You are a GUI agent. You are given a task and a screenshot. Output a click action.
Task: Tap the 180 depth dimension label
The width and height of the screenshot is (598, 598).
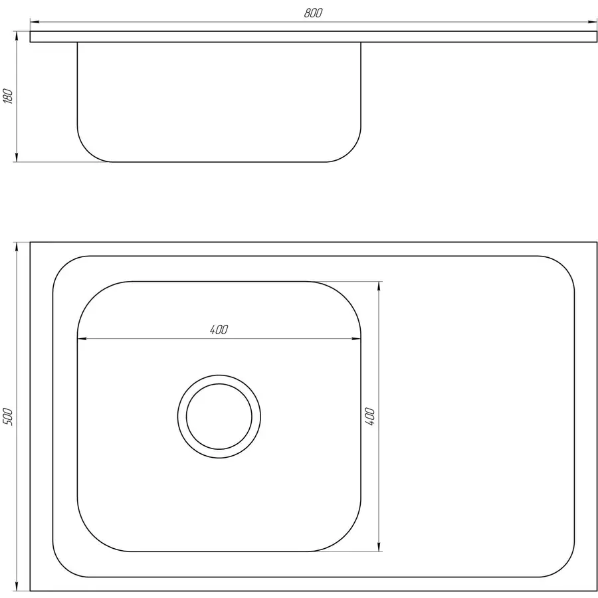tap(8, 96)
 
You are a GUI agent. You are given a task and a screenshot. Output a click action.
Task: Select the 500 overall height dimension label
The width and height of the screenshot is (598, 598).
tap(8, 417)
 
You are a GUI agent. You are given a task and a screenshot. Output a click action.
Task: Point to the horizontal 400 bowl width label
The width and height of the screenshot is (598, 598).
tap(219, 329)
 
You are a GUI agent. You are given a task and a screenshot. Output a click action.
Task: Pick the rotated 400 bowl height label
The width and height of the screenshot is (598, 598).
tap(370, 417)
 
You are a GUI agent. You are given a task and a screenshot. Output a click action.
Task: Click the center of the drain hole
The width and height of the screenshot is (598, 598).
tap(219, 417)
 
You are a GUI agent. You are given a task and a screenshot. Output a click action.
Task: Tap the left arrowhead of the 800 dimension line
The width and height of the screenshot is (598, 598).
tap(34, 21)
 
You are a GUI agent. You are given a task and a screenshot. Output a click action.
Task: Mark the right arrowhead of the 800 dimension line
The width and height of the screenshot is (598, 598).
tap(594, 21)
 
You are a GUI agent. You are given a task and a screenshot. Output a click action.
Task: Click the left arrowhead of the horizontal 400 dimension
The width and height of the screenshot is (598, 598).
tap(82, 339)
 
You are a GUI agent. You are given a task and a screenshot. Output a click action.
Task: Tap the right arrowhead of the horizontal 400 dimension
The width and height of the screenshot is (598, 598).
tap(357, 339)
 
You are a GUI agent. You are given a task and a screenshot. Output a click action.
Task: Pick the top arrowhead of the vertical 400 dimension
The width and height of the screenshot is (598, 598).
tap(379, 286)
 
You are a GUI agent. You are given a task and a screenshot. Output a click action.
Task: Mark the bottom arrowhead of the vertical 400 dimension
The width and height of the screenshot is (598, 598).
tap(379, 548)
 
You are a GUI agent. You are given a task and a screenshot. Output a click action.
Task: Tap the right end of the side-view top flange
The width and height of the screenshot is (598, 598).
tap(597, 37)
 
